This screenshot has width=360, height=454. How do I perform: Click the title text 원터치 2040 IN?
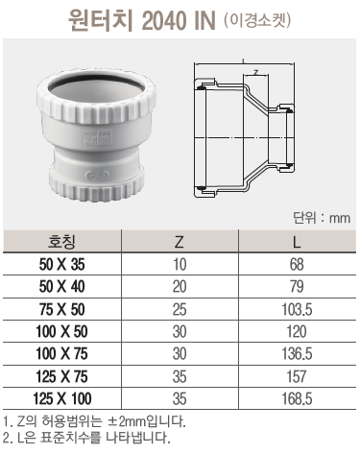142,21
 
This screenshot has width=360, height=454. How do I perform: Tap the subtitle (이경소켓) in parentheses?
258,20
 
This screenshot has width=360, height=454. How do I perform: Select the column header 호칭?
61,242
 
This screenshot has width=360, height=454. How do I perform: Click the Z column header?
180,242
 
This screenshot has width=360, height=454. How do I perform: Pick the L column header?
297,242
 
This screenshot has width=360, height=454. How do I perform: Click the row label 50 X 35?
62,265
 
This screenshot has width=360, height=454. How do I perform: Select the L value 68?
297,265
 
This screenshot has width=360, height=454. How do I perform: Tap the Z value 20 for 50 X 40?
180,287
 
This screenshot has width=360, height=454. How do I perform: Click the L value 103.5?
297,310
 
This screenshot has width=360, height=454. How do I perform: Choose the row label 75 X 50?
62,310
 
